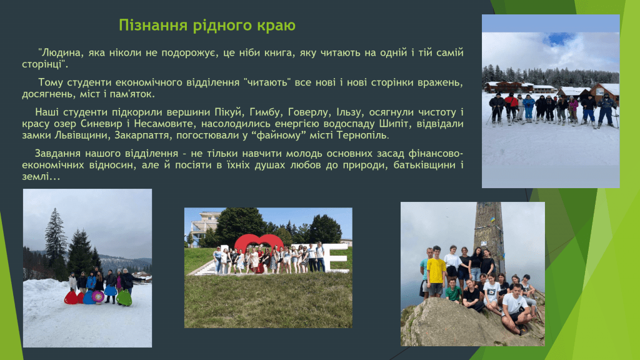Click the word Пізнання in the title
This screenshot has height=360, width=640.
[153, 25]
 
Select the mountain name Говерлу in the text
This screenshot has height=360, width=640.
[307, 112]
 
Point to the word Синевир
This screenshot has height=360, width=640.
[101, 124]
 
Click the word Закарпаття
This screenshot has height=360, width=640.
[143, 135]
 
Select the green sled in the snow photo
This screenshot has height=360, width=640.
[124, 298]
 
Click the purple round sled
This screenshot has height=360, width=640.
[98, 296]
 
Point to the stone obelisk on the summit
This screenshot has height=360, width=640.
[489, 237]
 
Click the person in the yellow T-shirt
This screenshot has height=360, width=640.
[436, 271]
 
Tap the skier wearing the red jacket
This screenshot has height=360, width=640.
[511, 106]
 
